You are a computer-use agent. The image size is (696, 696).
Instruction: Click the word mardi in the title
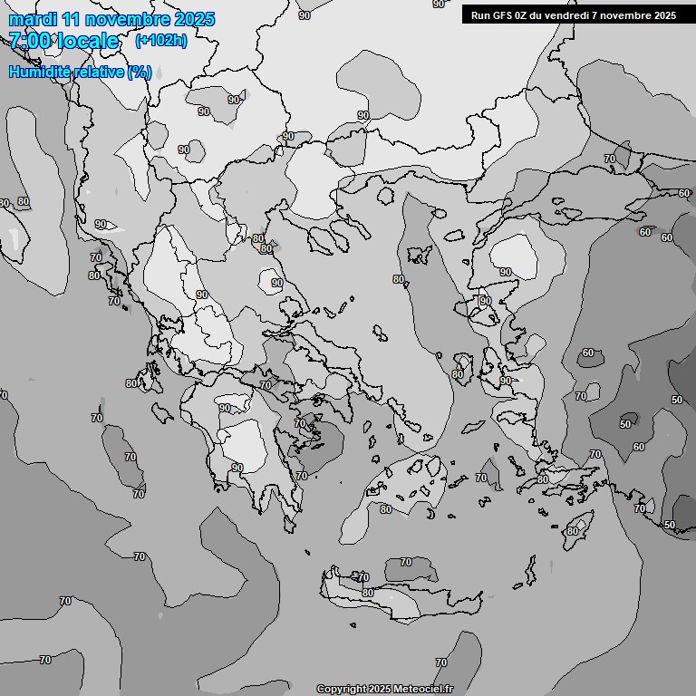(x=32, y=19)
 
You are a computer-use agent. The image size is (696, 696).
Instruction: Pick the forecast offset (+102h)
(x=160, y=41)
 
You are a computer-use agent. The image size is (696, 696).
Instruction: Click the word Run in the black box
(x=480, y=14)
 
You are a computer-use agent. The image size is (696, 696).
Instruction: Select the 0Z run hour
(x=523, y=14)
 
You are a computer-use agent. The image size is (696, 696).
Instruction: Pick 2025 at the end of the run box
(x=664, y=14)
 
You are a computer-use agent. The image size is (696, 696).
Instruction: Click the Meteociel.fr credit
(x=423, y=690)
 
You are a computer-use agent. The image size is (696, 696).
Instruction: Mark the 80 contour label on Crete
(x=367, y=593)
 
